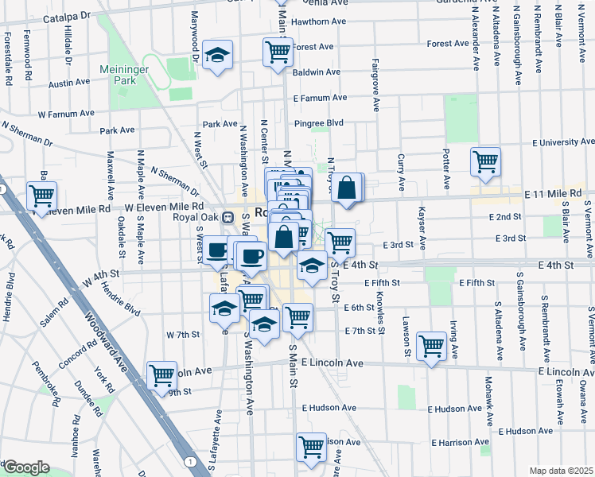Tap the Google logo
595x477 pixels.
tap(26, 467)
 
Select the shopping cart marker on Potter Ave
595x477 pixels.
tap(485, 162)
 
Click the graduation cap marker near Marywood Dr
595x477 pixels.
tap(217, 55)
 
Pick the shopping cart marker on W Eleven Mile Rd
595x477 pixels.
tap(41, 194)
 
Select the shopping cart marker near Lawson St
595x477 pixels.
tap(430, 345)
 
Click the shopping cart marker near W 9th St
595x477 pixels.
tap(161, 374)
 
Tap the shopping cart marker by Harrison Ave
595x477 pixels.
tap(311, 446)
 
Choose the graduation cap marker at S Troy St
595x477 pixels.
tap(313, 266)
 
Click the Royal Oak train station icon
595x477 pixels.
tap(227, 216)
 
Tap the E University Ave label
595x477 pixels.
tap(562, 142)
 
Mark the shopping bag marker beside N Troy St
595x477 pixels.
tap(347, 188)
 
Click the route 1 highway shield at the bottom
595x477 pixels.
tap(190, 461)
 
